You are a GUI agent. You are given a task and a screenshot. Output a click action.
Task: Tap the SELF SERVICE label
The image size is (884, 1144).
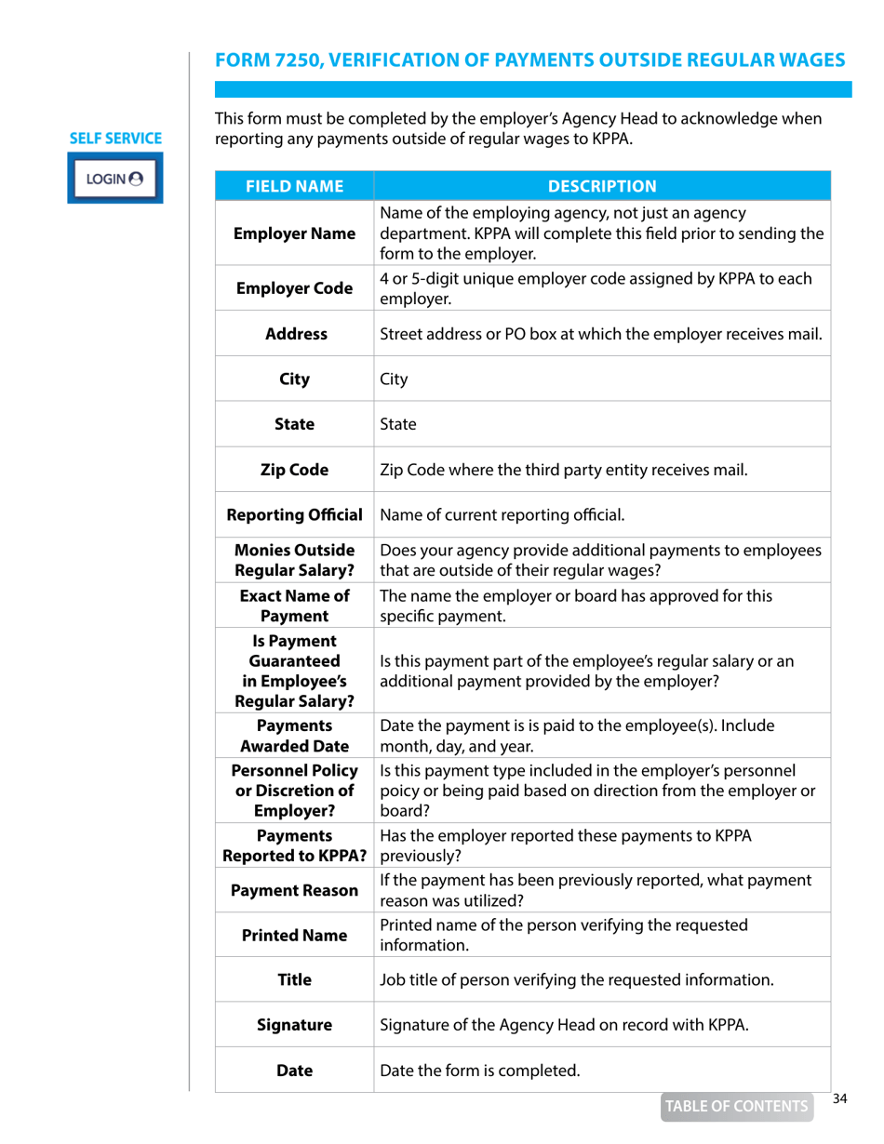116,139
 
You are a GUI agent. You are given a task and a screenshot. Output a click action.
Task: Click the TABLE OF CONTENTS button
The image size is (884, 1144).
735,1106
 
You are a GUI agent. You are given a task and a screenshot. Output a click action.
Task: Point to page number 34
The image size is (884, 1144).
840,1099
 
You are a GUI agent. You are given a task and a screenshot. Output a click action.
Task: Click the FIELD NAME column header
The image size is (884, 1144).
294,185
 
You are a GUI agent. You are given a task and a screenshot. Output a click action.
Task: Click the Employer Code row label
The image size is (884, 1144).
294,288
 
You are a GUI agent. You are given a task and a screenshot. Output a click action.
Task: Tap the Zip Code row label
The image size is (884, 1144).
294,470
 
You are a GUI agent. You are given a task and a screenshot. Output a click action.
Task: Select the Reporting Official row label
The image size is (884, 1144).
294,514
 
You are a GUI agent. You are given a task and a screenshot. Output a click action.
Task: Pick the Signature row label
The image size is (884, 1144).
294,1025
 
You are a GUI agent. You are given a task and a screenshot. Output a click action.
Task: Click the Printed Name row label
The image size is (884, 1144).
294,935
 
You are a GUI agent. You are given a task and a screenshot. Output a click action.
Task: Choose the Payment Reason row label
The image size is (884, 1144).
294,890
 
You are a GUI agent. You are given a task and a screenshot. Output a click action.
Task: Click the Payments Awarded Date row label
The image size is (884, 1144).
294,735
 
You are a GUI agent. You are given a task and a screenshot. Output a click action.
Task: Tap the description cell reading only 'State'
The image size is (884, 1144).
398,425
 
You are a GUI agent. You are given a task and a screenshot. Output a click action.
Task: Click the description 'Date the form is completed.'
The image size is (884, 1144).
480,1070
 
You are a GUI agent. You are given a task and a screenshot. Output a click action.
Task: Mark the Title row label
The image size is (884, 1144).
294,979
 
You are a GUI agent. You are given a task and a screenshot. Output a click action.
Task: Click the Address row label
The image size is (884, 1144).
294,334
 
